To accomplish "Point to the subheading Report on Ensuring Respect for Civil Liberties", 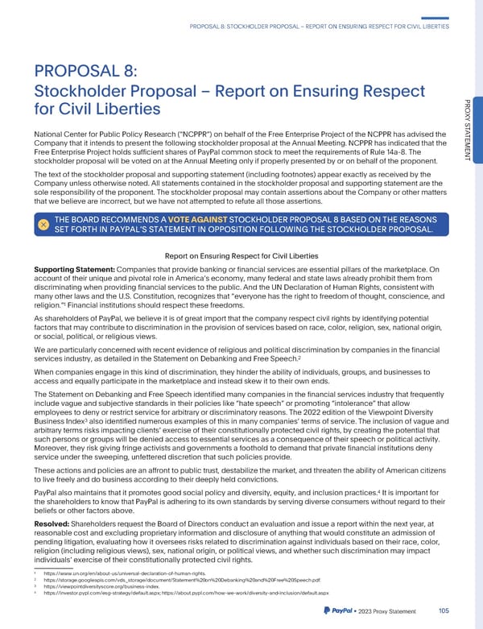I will [241, 256].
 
